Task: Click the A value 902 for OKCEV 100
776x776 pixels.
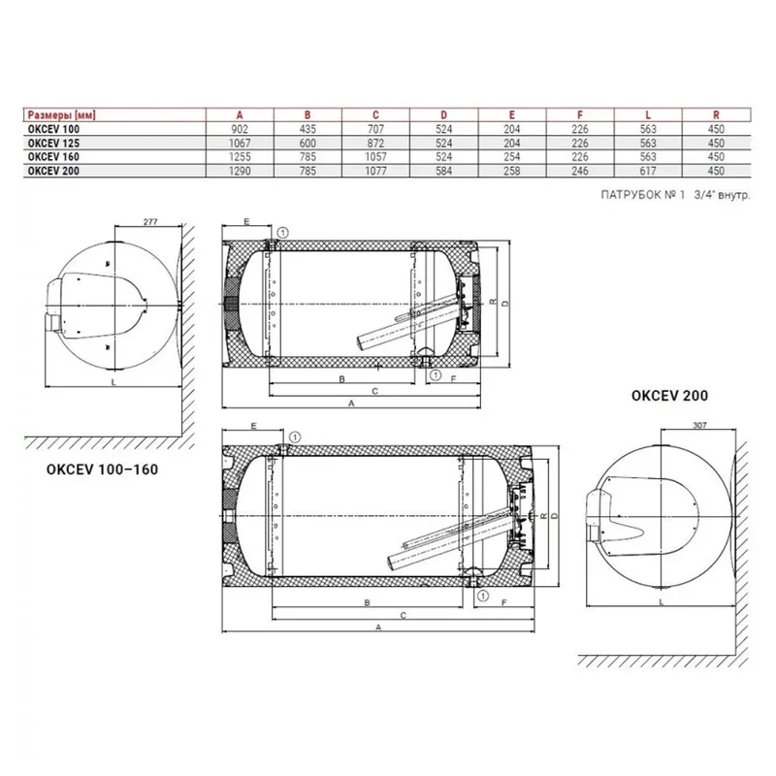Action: click(240, 129)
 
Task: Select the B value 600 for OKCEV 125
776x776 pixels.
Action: click(307, 143)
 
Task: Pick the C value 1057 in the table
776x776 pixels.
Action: click(375, 157)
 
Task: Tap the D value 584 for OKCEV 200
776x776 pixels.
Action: click(444, 171)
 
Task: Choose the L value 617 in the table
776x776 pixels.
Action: click(648, 171)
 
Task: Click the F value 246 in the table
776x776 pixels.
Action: click(580, 171)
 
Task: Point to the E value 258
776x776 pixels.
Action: click(512, 171)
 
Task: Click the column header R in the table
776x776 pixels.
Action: click(716, 114)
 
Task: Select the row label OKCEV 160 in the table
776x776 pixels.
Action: click(53, 157)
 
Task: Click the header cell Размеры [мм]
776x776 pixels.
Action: click(61, 115)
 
